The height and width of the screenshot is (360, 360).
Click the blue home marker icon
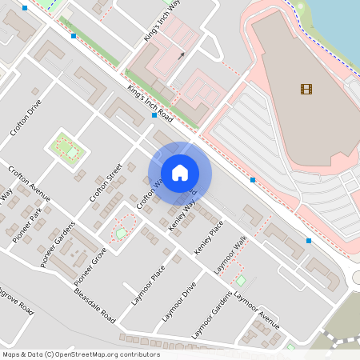click(x=180, y=173)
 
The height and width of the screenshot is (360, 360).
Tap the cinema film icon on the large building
click(x=307, y=88)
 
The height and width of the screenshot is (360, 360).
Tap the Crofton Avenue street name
click(x=29, y=184)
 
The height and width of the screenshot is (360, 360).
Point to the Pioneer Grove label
click(x=90, y=266)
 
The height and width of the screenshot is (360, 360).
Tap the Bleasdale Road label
click(x=94, y=305)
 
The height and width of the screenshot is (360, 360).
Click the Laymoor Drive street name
click(x=178, y=302)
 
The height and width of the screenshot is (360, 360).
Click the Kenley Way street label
click(x=182, y=216)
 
